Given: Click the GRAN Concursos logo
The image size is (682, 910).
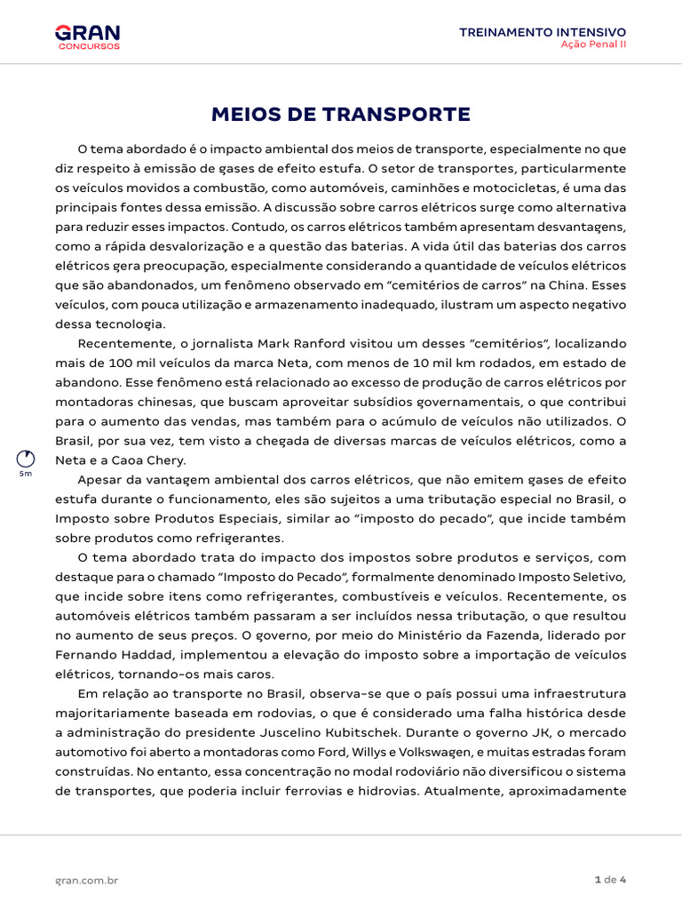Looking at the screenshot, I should coord(87,36).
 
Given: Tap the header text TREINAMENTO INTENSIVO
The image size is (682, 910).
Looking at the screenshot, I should coord(542,31).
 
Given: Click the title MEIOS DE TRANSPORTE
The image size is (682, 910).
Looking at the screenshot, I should coord(340,115).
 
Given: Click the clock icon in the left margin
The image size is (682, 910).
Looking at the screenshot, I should coord(26,459).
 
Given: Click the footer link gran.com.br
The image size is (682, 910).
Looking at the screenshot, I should coord(87,880).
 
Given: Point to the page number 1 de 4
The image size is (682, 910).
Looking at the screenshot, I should coord(610,880).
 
